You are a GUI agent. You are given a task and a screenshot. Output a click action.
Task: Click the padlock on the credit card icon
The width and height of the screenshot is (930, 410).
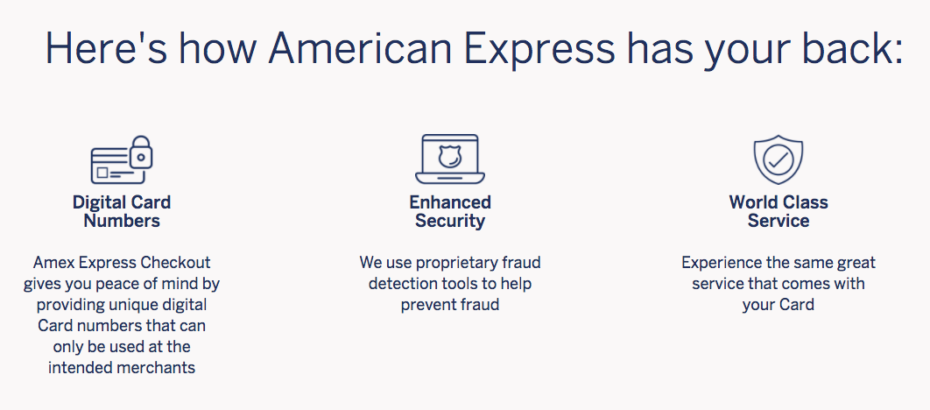pyautogui.click(x=141, y=152)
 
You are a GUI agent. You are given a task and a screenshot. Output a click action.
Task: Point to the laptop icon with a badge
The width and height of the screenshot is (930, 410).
pyautogui.click(x=450, y=159)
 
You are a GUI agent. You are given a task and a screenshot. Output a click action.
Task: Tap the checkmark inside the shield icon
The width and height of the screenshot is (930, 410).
pyautogui.click(x=779, y=159)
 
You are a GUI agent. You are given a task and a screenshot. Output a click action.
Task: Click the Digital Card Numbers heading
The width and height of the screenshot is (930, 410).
pyautogui.click(x=122, y=211)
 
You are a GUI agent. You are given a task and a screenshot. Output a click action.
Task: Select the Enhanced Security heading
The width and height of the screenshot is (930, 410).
pyautogui.click(x=450, y=211)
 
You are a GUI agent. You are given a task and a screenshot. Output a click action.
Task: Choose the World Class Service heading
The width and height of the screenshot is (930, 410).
pyautogui.click(x=779, y=211)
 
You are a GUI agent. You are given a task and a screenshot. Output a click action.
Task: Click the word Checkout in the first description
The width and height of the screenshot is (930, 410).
pyautogui.click(x=175, y=262)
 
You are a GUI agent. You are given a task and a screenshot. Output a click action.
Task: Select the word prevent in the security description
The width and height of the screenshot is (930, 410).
pyautogui.click(x=426, y=305)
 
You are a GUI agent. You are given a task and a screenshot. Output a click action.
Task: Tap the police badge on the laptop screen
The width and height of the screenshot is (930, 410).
pyautogui.click(x=450, y=156)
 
